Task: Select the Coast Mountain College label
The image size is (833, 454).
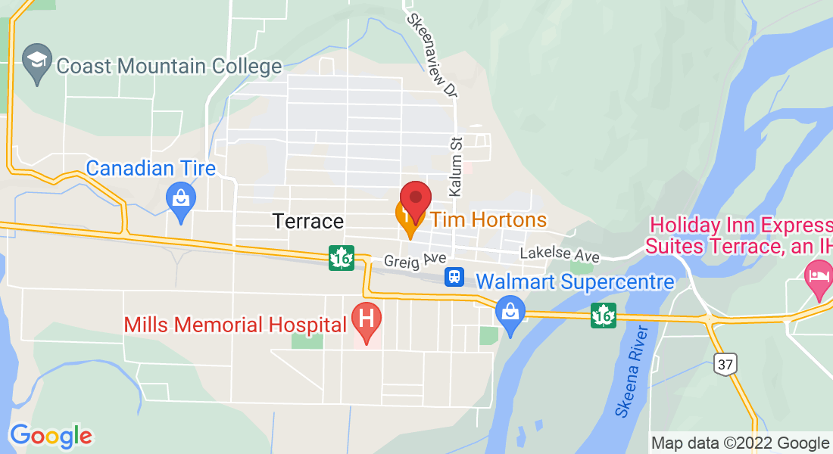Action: (169, 66)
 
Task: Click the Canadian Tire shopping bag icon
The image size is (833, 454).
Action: (181, 201)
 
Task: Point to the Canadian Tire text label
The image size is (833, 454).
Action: (151, 168)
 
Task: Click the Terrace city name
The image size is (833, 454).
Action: (307, 221)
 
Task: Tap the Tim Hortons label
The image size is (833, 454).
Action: (488, 220)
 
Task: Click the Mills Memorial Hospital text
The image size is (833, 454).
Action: (236, 325)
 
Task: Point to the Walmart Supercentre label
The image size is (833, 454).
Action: (575, 282)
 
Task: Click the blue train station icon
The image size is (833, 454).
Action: (454, 277)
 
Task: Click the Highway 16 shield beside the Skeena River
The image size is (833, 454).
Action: (604, 315)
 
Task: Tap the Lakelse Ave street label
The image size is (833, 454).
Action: (560, 256)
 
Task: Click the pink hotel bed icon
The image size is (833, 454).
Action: (818, 273)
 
